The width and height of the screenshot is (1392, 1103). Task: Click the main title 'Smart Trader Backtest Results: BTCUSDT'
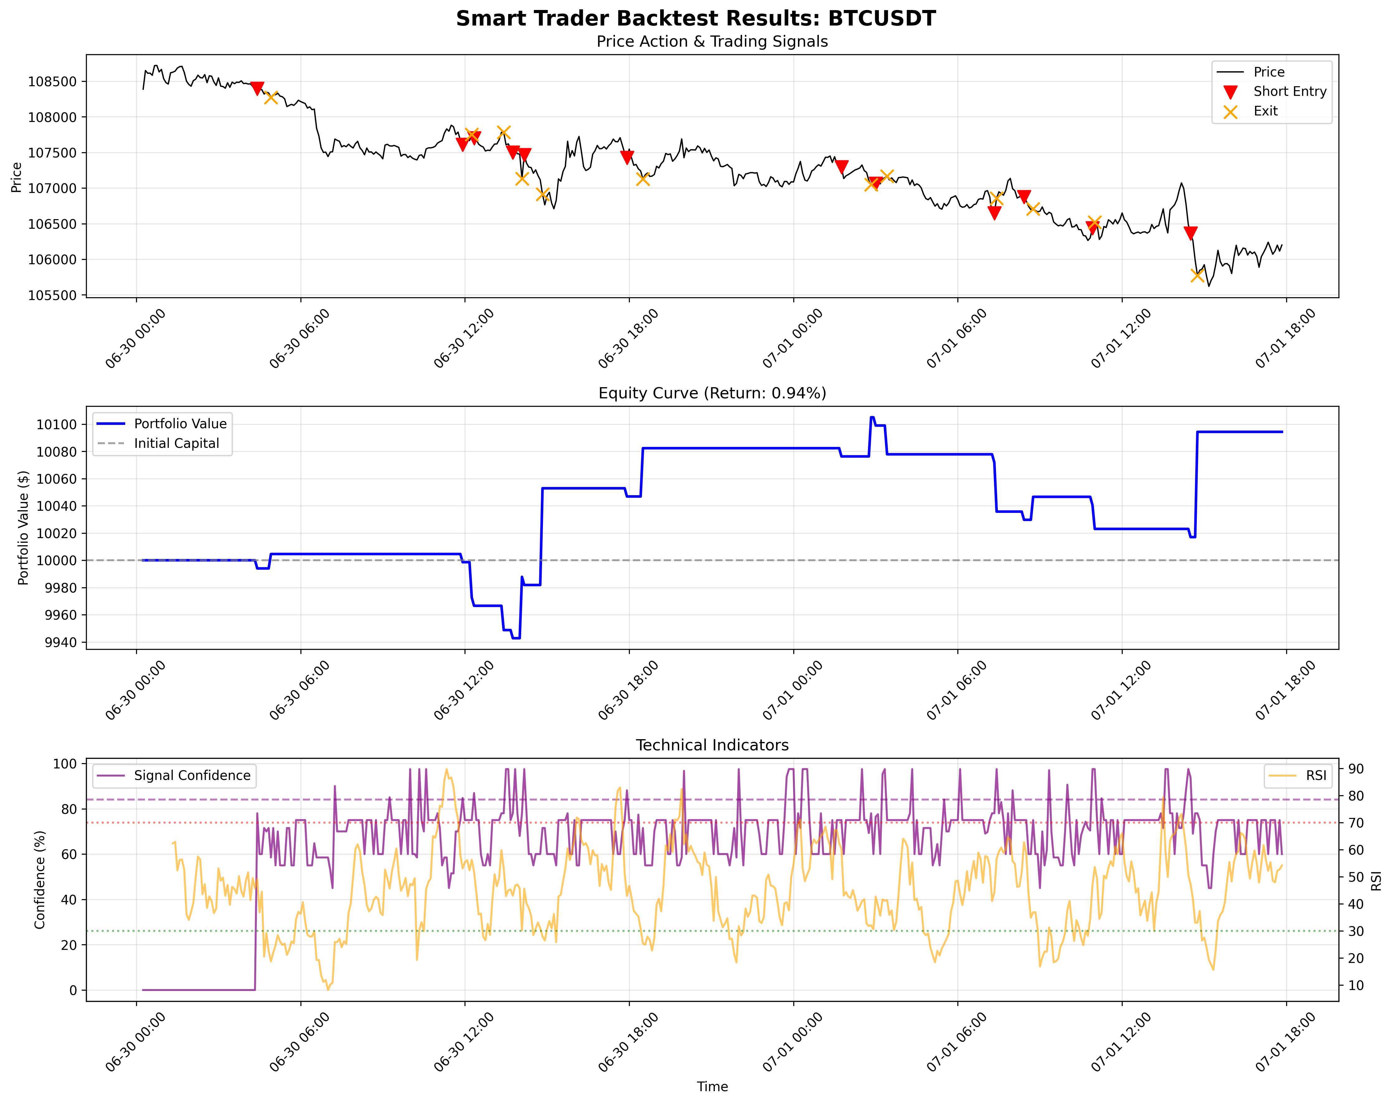pos(695,18)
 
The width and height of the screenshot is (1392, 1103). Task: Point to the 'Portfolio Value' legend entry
pos(180,424)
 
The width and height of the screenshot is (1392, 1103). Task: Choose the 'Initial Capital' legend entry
pos(176,444)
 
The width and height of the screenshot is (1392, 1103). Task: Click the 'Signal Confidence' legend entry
pos(192,776)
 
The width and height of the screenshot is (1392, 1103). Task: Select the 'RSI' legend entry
pos(1315,776)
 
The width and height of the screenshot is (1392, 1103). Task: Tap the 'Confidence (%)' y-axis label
pos(40,880)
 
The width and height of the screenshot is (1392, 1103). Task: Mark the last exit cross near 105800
pos(1197,275)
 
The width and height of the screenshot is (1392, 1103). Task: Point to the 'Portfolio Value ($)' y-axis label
pos(24,528)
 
